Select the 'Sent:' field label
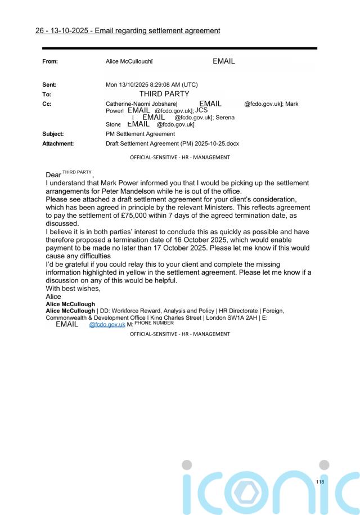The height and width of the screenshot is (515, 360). point(52,84)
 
